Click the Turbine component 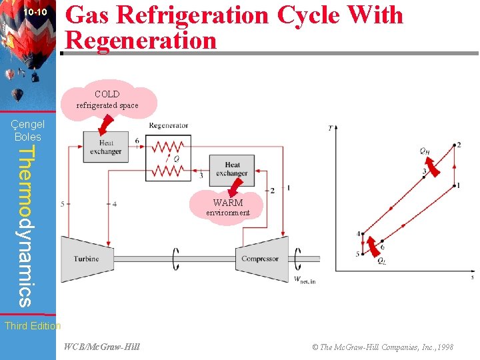87,259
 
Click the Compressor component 261,259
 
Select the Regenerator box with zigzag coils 169,158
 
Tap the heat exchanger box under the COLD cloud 105,147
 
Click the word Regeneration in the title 142,41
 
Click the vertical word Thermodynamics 25,226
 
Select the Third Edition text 33,326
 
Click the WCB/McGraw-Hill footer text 102,347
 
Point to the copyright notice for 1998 383,347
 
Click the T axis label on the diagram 331,128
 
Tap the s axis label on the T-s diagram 472,275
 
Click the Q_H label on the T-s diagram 424,151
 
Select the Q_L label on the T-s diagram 381,261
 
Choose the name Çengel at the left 28,124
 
